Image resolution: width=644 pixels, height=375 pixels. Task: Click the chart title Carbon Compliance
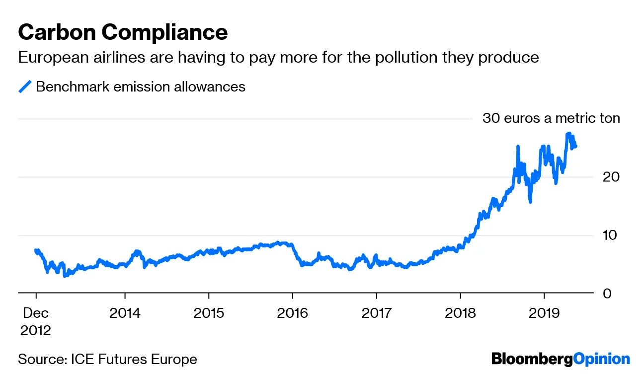coord(123,32)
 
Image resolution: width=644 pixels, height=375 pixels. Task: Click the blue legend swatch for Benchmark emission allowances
coord(25,87)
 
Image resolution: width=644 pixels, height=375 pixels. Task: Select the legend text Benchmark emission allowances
coord(141,87)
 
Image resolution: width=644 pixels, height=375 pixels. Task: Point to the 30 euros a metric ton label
coord(551,118)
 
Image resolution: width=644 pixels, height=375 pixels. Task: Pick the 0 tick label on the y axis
coord(607,293)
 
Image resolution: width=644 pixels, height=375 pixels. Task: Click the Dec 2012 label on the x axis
coord(36,321)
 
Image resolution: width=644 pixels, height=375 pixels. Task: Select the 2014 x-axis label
coord(125,313)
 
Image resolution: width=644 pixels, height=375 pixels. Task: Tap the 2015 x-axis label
coord(209,313)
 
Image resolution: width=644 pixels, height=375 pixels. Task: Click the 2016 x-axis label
coord(293,313)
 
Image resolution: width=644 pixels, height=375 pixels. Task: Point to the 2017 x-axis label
coord(377,313)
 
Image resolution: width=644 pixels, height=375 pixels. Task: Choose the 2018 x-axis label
coord(461,313)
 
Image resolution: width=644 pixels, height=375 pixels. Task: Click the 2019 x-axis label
coord(544,313)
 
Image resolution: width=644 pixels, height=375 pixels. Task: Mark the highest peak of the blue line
coord(568,134)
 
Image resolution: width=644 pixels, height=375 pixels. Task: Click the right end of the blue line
coord(575,146)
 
